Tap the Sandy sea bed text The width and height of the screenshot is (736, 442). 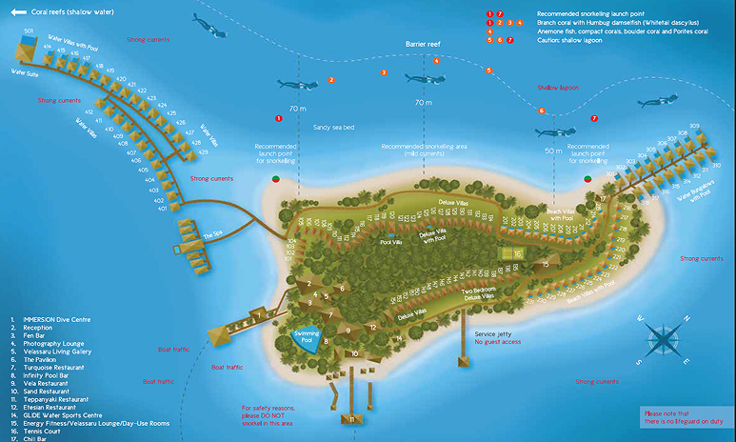[308, 127]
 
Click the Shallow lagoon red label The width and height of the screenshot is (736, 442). [557, 88]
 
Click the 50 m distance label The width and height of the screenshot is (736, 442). [553, 151]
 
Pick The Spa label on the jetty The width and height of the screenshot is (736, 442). [212, 235]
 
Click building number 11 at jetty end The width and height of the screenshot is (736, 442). [351, 418]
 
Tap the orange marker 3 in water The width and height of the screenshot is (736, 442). [384, 72]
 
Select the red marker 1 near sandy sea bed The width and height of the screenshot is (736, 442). [278, 119]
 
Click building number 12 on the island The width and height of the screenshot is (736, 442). [373, 327]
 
